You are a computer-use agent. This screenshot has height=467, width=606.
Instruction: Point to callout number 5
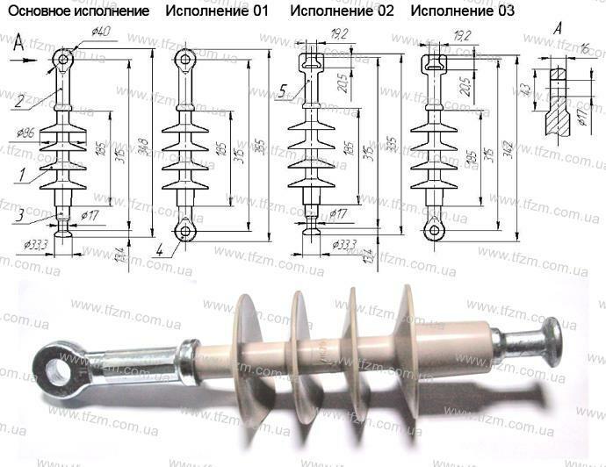[x=284, y=89]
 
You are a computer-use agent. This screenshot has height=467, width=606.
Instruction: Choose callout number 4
[x=160, y=250]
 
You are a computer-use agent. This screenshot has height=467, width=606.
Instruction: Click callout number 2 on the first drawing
[x=18, y=100]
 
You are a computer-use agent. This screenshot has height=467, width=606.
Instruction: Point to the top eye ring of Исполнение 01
[x=184, y=58]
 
